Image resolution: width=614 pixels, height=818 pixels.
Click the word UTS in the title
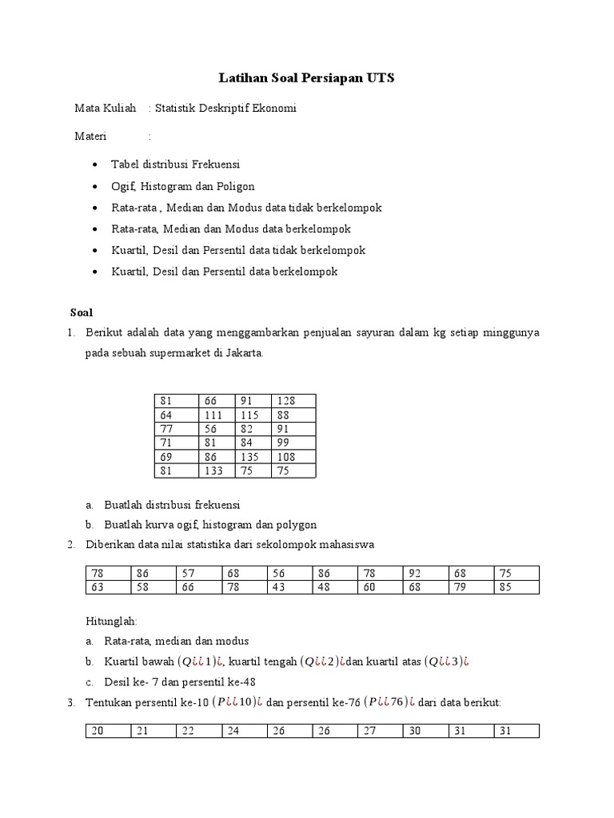point(380,78)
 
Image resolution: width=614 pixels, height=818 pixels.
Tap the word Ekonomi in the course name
point(276,109)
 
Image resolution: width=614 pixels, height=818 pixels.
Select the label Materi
point(90,136)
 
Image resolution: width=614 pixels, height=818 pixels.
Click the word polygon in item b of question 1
point(296,525)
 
